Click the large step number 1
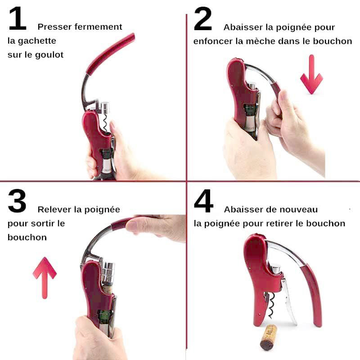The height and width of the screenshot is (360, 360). click(18, 18)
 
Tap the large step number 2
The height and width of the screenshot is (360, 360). click(203, 18)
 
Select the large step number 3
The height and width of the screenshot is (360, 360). click(17, 201)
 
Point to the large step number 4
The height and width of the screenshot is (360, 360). click(203, 201)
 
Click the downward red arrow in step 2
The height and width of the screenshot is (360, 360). click(311, 74)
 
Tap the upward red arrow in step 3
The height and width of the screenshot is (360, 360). click(45, 278)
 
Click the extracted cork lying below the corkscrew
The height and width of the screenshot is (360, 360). click(268, 337)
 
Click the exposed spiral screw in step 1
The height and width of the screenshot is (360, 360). click(104, 123)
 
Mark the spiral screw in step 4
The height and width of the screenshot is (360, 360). click(272, 306)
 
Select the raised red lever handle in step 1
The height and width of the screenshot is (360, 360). click(111, 54)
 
